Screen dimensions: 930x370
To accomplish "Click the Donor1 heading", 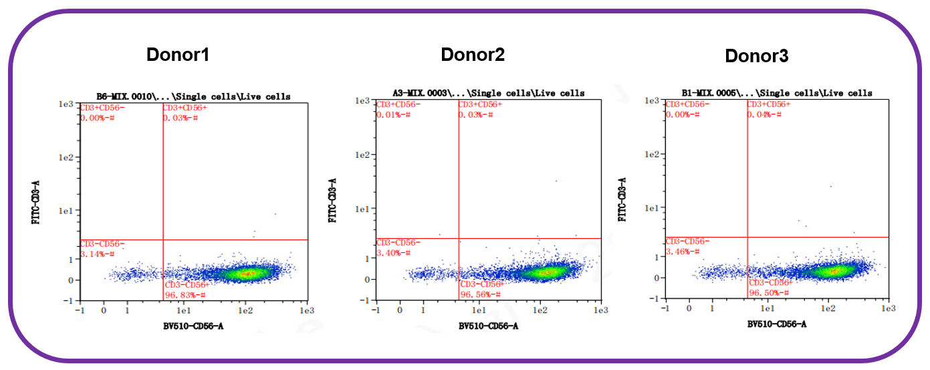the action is [178, 55].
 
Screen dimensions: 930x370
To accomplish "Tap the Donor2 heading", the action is [473, 55].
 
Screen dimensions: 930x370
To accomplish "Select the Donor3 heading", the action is [756, 56].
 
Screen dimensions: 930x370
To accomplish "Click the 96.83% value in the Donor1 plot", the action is [185, 295].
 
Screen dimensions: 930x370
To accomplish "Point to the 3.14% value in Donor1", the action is [97, 254].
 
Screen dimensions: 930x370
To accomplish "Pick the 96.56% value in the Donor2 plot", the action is [480, 294].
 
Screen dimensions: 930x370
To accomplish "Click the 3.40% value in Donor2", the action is [393, 253].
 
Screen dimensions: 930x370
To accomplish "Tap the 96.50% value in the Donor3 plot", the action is [769, 293].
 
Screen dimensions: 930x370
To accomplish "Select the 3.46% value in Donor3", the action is [683, 252].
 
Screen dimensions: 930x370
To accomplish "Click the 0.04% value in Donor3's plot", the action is [764, 114].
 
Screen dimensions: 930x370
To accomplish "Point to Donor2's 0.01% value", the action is [393, 114].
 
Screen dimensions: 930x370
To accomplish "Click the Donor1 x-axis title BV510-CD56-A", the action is [193, 327].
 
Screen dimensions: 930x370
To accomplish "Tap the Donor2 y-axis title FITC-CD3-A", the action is [332, 201].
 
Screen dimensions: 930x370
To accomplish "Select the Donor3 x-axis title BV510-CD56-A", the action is [777, 325].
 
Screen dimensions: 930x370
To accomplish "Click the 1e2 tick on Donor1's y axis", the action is [66, 157].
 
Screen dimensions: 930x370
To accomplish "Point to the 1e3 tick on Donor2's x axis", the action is [601, 310].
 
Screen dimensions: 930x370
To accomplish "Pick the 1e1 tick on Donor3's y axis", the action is [652, 208].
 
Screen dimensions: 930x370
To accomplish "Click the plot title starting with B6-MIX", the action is [193, 97].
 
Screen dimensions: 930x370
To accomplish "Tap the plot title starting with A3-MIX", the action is [489, 94].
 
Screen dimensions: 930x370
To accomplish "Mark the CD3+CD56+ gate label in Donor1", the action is [185, 108].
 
